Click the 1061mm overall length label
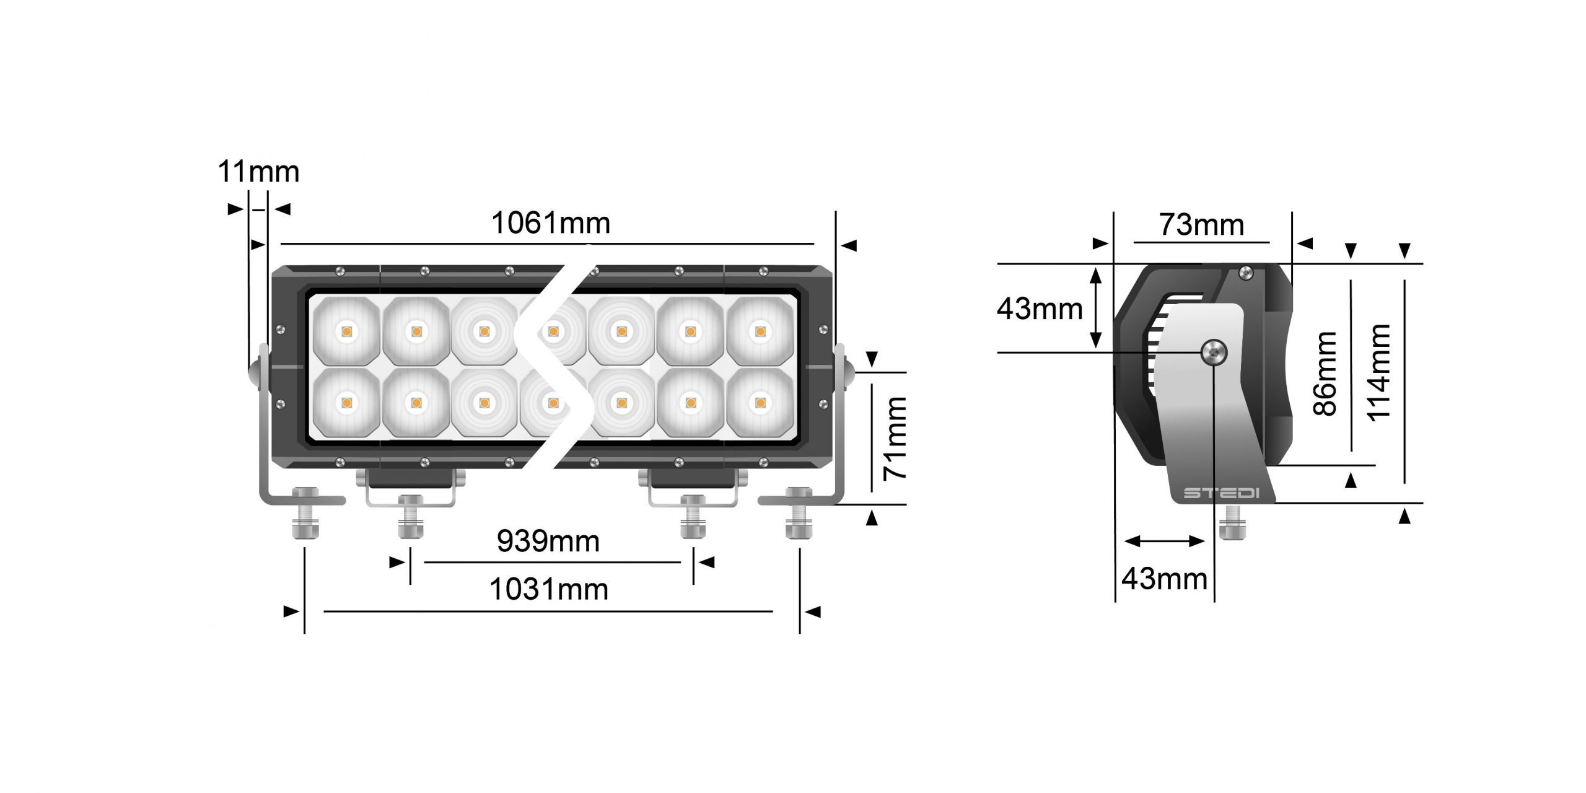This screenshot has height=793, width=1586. coord(551,223)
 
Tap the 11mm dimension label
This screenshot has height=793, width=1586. coord(258,172)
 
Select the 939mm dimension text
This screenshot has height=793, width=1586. coord(548,541)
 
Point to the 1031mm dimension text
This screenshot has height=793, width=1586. coord(549,589)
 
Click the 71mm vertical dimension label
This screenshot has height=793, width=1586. coord(895,438)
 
